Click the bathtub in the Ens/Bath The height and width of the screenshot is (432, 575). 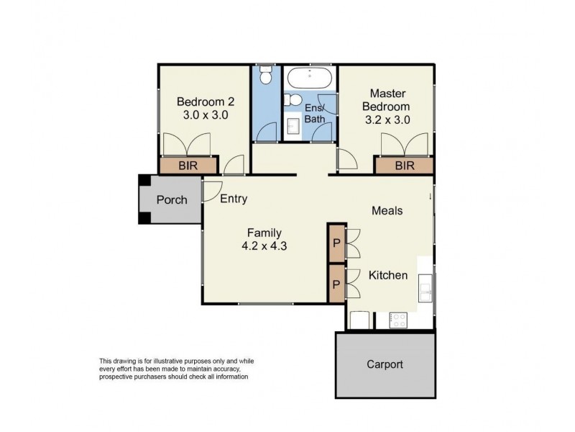pos(309,78)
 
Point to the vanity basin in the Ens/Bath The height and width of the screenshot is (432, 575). pos(293,127)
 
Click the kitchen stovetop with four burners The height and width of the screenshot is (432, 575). pos(400,320)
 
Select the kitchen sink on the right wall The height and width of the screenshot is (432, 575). pos(425,289)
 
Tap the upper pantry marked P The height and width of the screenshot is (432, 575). pos(336,242)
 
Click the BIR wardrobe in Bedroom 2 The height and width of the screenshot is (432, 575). pos(188,166)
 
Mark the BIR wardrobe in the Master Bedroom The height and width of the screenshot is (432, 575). pos(404,166)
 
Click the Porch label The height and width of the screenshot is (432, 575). pos(171,199)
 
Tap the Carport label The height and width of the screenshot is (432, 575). pos(385,364)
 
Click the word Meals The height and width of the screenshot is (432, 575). pos(386,211)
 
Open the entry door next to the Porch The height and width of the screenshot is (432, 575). pos(211,189)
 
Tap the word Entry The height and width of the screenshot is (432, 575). pos(234,199)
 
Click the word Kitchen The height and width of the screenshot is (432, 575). pos(388,275)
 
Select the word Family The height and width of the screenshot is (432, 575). pos(264,233)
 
